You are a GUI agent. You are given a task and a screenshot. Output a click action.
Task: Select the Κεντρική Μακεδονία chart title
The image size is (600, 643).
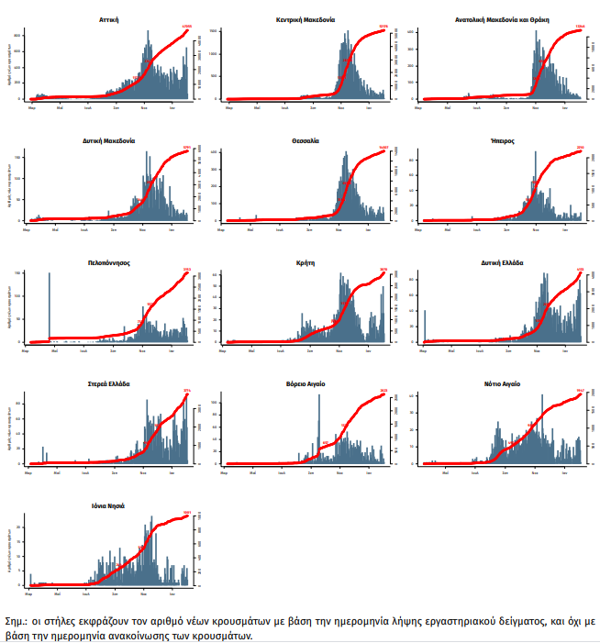(x=306, y=19)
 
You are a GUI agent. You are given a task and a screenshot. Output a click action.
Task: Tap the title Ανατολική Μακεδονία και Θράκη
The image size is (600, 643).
(x=500, y=19)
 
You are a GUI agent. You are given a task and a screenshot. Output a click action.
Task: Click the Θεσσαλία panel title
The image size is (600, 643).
(x=306, y=141)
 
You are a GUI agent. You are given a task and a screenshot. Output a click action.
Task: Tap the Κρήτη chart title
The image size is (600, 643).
(x=306, y=262)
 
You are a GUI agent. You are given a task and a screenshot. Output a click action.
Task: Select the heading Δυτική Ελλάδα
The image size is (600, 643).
(x=500, y=262)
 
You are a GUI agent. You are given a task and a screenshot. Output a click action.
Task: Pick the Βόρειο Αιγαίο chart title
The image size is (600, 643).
(x=306, y=383)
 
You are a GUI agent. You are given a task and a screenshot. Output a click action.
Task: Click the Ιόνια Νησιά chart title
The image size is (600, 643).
(x=109, y=505)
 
